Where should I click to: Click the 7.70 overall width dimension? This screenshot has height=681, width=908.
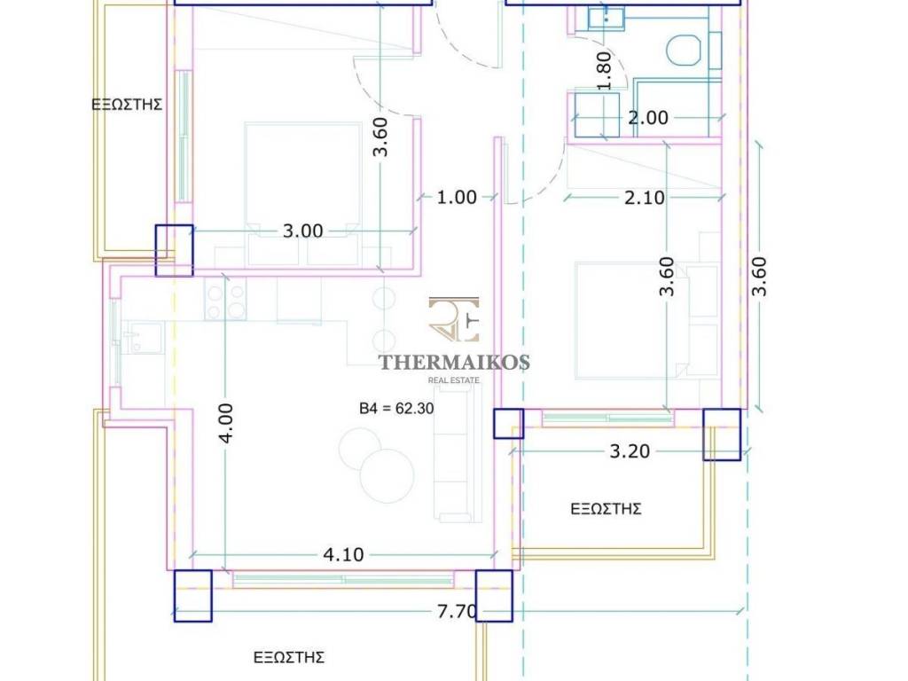[x=457, y=611]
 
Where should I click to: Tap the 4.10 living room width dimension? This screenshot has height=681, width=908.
[x=343, y=555]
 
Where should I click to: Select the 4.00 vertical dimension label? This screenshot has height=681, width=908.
[x=226, y=423]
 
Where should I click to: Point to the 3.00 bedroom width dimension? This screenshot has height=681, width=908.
[x=302, y=231]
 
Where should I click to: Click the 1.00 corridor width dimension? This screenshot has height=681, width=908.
[x=457, y=198]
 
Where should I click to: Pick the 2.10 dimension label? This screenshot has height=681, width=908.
[x=645, y=198]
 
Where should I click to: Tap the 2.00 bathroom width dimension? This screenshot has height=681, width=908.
[x=648, y=118]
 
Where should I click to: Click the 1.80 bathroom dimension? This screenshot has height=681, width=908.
[x=603, y=71]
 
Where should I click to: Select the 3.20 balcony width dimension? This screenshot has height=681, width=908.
[x=630, y=451]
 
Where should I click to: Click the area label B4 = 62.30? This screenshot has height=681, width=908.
[x=396, y=408]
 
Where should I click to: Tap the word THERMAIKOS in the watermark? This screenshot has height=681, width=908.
[x=454, y=363]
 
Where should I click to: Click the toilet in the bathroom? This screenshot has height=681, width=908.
[x=684, y=51]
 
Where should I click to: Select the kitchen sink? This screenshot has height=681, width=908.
[x=144, y=338]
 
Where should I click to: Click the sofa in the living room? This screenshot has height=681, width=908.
[x=458, y=455]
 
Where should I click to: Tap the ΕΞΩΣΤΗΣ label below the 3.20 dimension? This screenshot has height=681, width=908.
[x=606, y=509]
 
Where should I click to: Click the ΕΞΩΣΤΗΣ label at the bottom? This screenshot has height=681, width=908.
[x=289, y=657]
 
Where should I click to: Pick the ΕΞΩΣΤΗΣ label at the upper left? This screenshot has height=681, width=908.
[x=127, y=105]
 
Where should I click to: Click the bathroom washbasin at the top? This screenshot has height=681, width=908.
[x=606, y=19]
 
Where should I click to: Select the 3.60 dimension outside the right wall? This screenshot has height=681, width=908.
[x=759, y=277]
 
